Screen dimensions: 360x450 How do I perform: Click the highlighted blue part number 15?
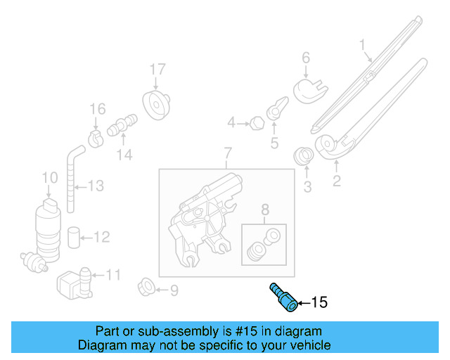click(x=281, y=295)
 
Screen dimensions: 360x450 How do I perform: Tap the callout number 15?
click(x=319, y=303)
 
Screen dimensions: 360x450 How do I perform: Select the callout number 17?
click(x=157, y=70)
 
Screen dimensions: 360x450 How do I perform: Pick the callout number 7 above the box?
click(x=227, y=153)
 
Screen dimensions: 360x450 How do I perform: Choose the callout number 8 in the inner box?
click(x=264, y=209)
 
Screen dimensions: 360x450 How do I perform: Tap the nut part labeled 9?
click(x=146, y=288)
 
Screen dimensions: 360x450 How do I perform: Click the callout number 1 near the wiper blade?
click(x=363, y=47)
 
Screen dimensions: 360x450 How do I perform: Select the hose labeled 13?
click(x=72, y=176)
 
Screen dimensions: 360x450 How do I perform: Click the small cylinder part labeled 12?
click(x=73, y=236)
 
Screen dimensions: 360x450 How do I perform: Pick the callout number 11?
click(x=113, y=275)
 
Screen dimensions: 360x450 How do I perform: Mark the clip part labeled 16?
click(x=96, y=135)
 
